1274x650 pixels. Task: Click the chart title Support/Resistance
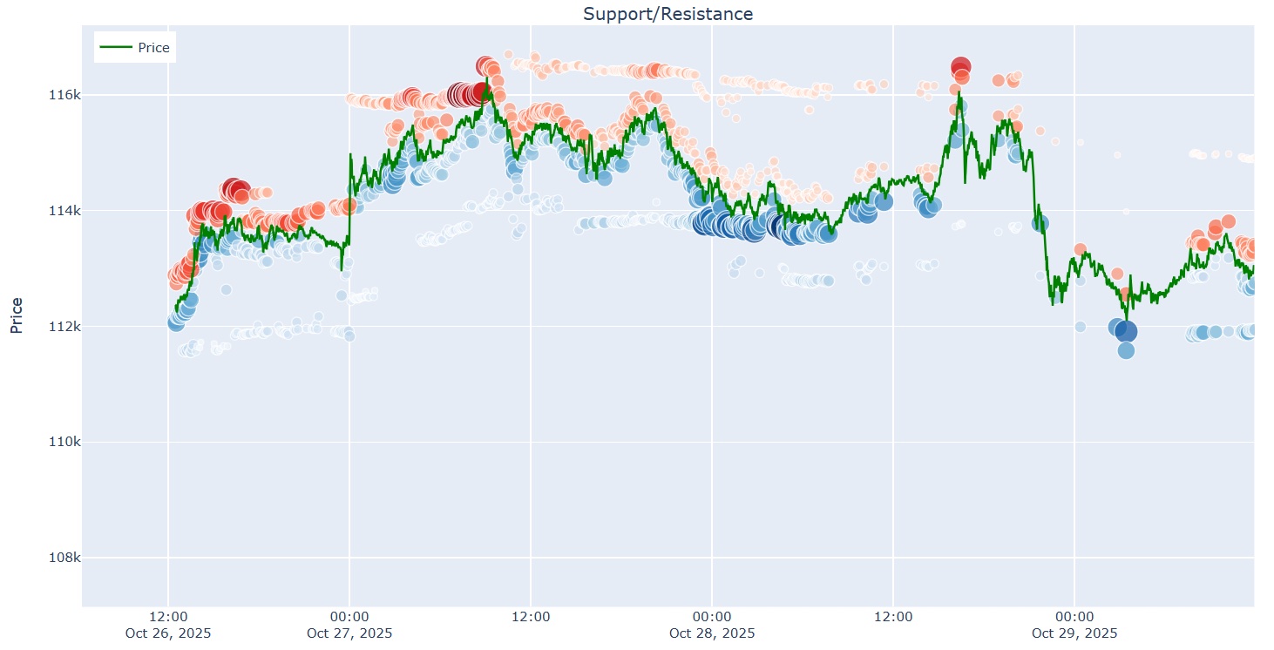pyautogui.click(x=667, y=14)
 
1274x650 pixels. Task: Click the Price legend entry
pyautogui.click(x=153, y=47)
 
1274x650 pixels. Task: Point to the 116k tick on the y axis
pyautogui.click(x=64, y=94)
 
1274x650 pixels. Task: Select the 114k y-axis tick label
pyautogui.click(x=64, y=210)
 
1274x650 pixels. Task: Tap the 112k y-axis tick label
pyautogui.click(x=64, y=326)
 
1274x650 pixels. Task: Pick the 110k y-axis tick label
pyautogui.click(x=64, y=442)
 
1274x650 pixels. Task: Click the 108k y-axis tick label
pyautogui.click(x=64, y=558)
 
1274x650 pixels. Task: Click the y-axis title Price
pyautogui.click(x=17, y=315)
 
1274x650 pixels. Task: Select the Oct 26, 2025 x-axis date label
pyautogui.click(x=167, y=633)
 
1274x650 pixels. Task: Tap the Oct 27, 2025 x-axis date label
pyautogui.click(x=349, y=633)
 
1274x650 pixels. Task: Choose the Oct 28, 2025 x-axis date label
pyautogui.click(x=712, y=633)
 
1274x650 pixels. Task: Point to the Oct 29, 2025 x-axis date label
pyautogui.click(x=1074, y=633)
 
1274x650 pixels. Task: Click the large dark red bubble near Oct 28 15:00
pyautogui.click(x=960, y=67)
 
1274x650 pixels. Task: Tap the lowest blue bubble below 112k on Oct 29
pyautogui.click(x=1126, y=350)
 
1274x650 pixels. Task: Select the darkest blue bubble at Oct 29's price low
pyautogui.click(x=1126, y=331)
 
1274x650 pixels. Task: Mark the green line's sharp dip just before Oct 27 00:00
pyautogui.click(x=342, y=269)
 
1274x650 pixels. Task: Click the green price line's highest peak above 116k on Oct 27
pyautogui.click(x=487, y=80)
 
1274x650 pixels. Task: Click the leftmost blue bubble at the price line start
pyautogui.click(x=175, y=323)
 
